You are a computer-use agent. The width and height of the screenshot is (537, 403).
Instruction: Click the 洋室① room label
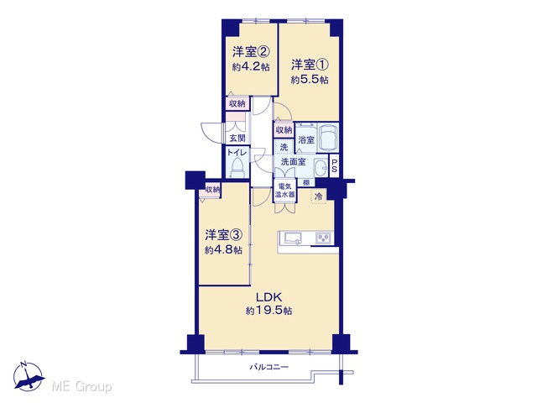tap(310, 65)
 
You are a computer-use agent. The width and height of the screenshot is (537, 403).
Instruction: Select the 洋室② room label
tap(251, 52)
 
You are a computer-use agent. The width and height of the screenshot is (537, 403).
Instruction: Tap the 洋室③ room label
tap(224, 235)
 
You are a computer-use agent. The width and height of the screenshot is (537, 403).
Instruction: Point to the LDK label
tap(268, 296)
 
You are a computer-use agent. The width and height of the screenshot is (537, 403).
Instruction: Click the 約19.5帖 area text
tap(268, 311)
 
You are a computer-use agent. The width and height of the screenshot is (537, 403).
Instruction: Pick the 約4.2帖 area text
tap(251, 67)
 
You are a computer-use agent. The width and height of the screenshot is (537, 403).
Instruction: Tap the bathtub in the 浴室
tap(328, 137)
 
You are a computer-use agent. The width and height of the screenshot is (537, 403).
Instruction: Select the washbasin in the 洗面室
tap(321, 168)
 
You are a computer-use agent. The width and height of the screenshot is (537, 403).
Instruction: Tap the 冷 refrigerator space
tap(319, 196)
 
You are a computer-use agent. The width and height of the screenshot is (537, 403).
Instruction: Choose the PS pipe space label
tap(334, 166)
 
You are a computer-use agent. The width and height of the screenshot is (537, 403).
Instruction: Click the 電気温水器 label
tap(284, 191)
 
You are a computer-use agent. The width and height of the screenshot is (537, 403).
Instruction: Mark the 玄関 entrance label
tap(237, 139)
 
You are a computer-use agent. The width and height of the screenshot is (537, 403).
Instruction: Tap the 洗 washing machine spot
tap(284, 148)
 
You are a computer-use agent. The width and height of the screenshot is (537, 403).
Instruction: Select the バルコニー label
tap(268, 368)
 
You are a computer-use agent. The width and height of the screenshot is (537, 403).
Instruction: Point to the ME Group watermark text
tap(82, 387)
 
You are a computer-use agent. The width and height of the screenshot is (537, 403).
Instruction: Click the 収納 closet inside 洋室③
tap(212, 189)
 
